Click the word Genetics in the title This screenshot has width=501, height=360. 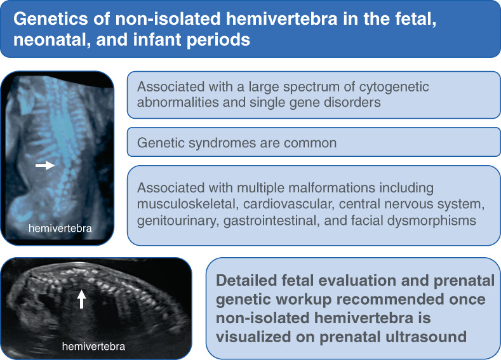point(51,19)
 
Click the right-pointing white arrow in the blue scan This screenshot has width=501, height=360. point(44,165)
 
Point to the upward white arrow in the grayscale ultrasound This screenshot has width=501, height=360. point(81,299)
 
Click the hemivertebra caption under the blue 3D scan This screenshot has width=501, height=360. point(60,228)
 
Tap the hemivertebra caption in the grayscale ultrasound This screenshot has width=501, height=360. point(93,346)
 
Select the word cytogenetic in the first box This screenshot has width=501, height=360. point(391,87)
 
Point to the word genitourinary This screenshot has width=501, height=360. point(178,221)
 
